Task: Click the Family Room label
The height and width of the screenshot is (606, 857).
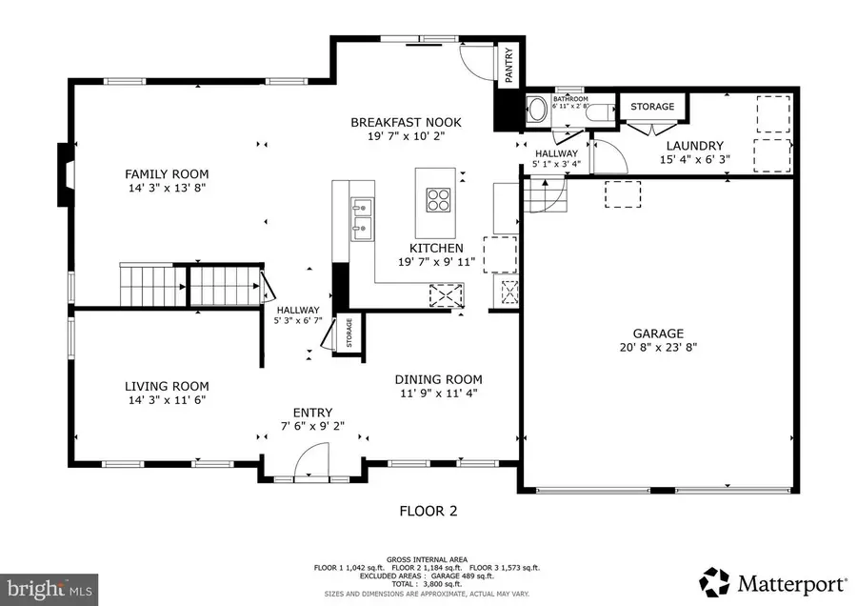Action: pyautogui.click(x=167, y=174)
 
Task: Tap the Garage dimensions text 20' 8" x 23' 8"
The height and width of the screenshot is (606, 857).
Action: pyautogui.click(x=658, y=349)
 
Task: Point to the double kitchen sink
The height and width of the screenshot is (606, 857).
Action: pyautogui.click(x=361, y=216)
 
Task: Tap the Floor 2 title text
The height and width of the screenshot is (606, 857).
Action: pyautogui.click(x=428, y=511)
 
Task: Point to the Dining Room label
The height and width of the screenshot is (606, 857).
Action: pyautogui.click(x=439, y=378)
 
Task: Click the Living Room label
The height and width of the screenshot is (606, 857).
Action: pyautogui.click(x=167, y=386)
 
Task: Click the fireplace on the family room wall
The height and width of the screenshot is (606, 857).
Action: pyautogui.click(x=63, y=174)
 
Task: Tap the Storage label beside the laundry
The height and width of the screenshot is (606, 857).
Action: pyautogui.click(x=652, y=107)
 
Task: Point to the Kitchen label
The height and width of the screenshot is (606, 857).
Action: pyautogui.click(x=431, y=248)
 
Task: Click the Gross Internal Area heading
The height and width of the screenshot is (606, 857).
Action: pyautogui.click(x=428, y=559)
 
